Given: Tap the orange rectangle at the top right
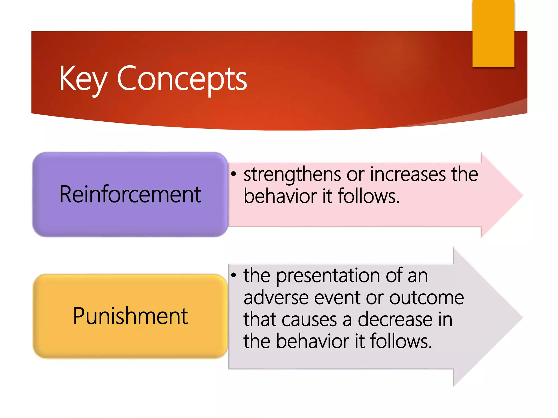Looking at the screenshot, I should pos(493,33).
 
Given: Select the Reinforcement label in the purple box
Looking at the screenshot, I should pos(130,194).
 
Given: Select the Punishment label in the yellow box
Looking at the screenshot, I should pos(130,316).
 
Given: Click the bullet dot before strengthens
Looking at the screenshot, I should pos(233,174).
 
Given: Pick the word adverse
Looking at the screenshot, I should pos(276,298).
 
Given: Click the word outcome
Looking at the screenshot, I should pos(426,298).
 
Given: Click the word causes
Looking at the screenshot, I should pos(309,319).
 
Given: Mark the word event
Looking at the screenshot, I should pos(337,298).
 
